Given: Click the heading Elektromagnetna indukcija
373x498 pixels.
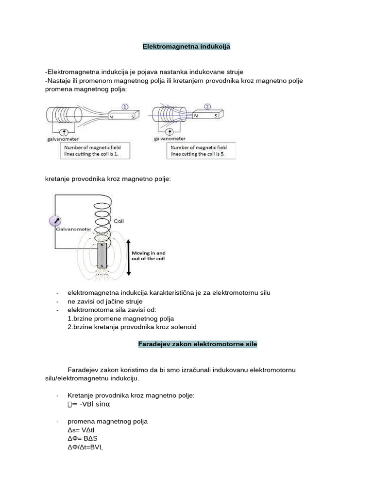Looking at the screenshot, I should click(x=186, y=47).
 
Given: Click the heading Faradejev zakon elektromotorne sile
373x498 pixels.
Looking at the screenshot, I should click(x=195, y=344).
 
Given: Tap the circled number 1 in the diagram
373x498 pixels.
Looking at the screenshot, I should click(x=125, y=107).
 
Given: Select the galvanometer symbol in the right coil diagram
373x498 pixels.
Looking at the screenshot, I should click(x=170, y=132).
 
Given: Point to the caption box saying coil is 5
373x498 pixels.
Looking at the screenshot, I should click(x=201, y=150).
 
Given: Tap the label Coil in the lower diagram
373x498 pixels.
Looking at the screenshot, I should click(x=119, y=221).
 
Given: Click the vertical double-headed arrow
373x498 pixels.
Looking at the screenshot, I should click(x=128, y=258).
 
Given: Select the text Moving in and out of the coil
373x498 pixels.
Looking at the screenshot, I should click(x=149, y=256).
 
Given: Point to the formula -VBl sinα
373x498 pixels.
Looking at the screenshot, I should click(x=95, y=404).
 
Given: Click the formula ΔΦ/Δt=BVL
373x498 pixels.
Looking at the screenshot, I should click(x=85, y=446).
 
